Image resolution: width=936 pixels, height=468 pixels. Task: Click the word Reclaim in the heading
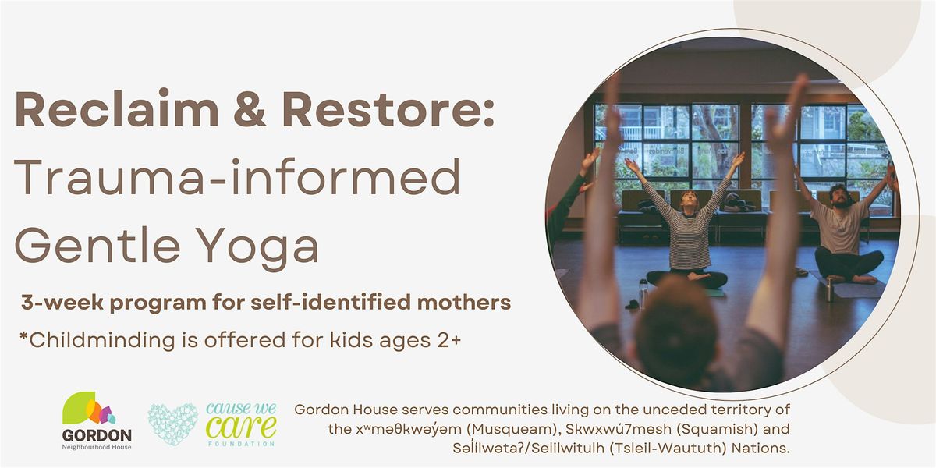coord(116,108)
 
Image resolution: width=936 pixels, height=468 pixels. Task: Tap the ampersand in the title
coord(250,108)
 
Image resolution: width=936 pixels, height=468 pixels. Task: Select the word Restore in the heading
coord(382,108)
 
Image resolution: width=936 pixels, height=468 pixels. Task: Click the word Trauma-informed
coord(237,176)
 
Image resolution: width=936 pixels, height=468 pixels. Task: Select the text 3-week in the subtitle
coord(62,303)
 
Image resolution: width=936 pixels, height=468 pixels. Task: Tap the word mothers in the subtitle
coord(464,302)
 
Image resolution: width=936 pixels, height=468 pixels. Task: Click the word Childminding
coord(102,340)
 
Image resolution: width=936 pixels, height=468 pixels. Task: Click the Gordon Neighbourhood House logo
coord(97,420)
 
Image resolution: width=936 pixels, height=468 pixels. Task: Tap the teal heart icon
coord(172,424)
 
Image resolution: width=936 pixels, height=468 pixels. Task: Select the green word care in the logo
coord(241,427)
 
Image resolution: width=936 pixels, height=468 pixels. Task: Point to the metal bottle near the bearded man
coord(829,289)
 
